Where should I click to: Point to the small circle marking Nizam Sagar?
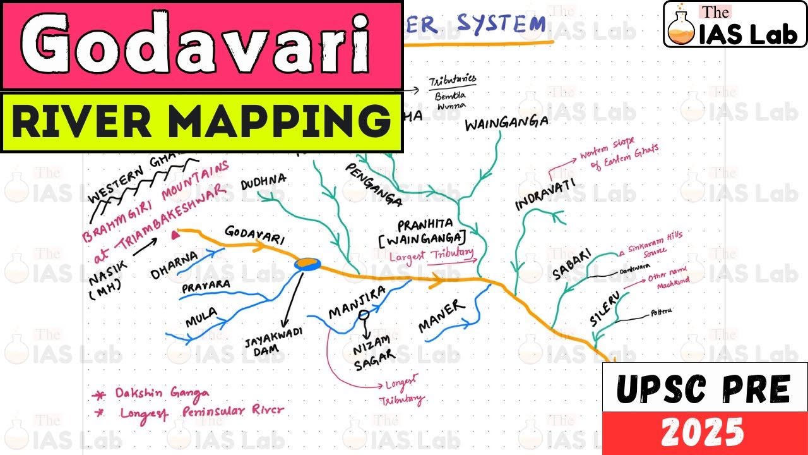tap(364, 315)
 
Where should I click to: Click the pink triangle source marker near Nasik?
tap(175, 235)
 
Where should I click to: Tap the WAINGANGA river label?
tap(506, 123)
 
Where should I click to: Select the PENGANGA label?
tap(374, 184)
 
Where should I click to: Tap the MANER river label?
tap(442, 316)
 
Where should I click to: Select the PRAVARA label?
tap(205, 286)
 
